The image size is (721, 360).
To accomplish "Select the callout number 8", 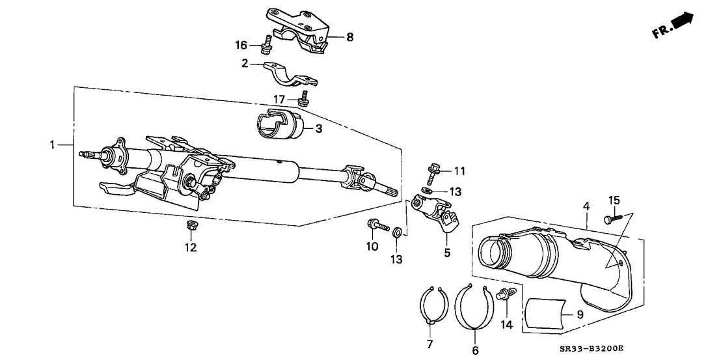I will point(349,37).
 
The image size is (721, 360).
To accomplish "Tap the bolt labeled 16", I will point(265,46).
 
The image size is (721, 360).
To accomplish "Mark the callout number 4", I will point(586,206).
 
